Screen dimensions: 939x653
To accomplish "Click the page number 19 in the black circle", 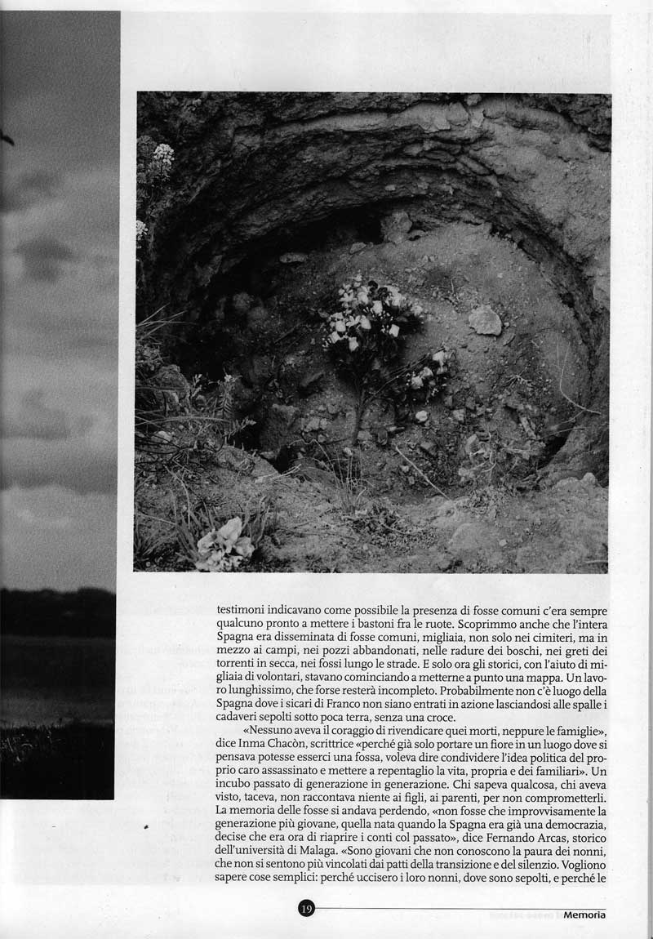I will pos(306,908).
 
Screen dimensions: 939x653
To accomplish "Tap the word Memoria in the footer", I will pos(584,915).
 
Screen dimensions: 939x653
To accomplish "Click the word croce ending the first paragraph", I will pos(439,718).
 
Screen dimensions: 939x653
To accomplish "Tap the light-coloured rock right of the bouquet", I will pos(484,319).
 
